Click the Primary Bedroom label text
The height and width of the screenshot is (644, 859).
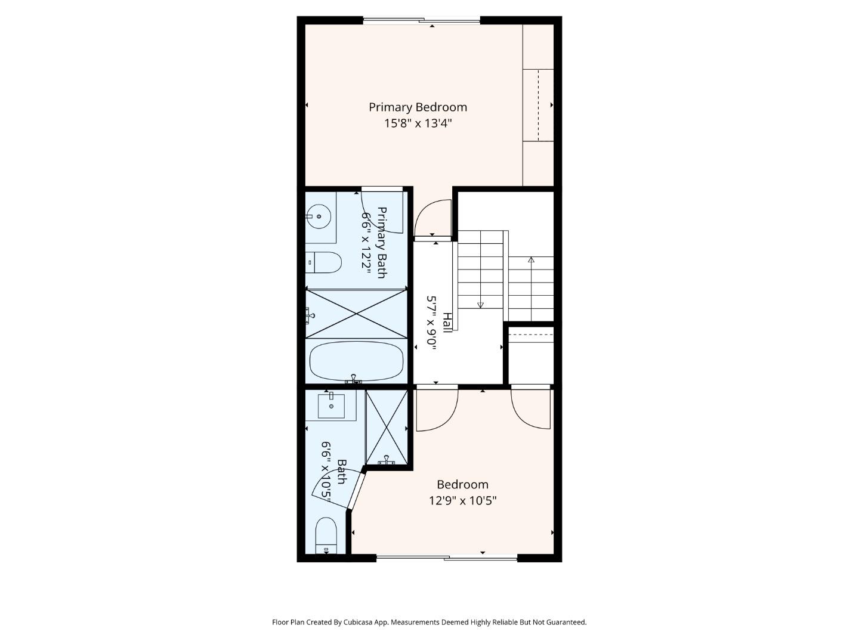click(418, 107)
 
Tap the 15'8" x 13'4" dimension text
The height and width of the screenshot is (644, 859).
click(418, 123)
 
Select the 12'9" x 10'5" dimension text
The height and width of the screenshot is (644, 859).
click(462, 500)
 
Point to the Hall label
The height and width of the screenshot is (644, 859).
click(447, 323)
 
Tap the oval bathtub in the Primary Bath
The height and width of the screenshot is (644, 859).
click(356, 361)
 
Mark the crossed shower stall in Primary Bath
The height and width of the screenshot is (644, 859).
click(356, 314)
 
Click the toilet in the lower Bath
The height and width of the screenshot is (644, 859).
click(326, 535)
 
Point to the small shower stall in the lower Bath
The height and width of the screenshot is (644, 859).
click(387, 427)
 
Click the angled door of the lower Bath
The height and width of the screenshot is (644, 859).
click(357, 490)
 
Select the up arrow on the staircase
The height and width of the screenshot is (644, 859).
click(531, 259)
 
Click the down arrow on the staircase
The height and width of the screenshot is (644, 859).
click(480, 305)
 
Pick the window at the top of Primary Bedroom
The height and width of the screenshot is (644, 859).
click(422, 21)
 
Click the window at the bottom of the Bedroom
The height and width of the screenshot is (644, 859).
click(447, 558)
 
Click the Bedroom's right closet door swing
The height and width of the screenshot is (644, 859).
click(531, 408)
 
